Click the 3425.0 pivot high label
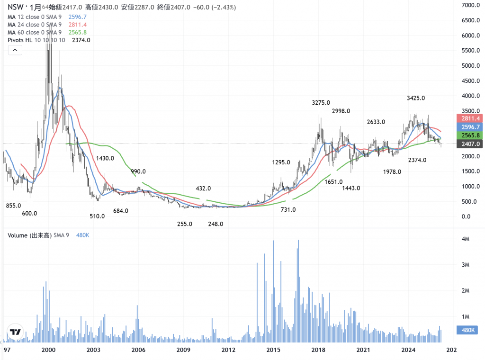pyautogui.click(x=415, y=98)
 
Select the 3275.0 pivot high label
pyautogui.click(x=321, y=102)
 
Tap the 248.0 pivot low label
pyautogui.click(x=215, y=224)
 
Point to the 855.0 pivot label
pyautogui.click(x=13, y=206)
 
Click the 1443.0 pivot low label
pyautogui.click(x=351, y=188)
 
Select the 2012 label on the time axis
pyautogui.click(x=229, y=350)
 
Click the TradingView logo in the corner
pyautogui.click(x=15, y=332)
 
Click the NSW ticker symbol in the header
pyautogui.click(x=15, y=8)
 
